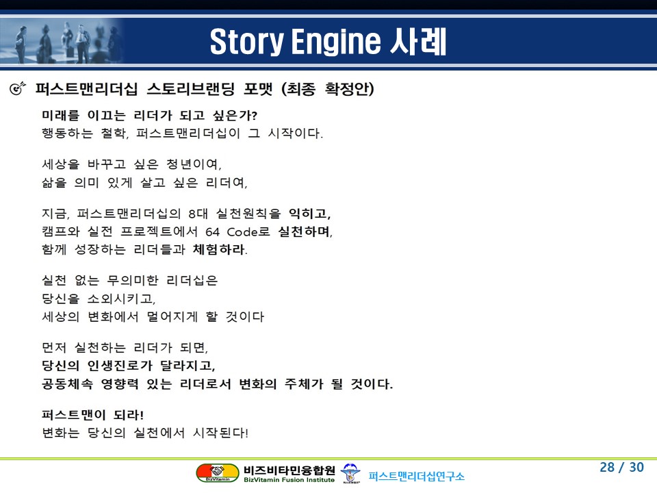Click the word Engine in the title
coord(336,42)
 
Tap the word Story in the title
coord(247,42)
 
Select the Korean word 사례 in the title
coord(417,41)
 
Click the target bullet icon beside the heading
coord(17,88)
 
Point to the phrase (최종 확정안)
coord(328,89)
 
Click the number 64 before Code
coord(212,232)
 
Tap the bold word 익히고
coord(309,214)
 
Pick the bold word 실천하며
coord(305,232)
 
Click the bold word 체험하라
coord(220,250)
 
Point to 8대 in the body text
coord(198,214)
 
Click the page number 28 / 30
coord(622,467)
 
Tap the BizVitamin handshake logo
coord(218,473)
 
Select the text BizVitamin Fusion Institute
coord(289,480)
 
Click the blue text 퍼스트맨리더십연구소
coord(417,477)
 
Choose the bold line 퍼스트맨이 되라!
coord(92,415)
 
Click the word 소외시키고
coord(122,299)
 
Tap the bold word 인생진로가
coord(120,366)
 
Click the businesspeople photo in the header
coord(63,41)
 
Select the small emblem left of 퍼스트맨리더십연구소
coord(350,473)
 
